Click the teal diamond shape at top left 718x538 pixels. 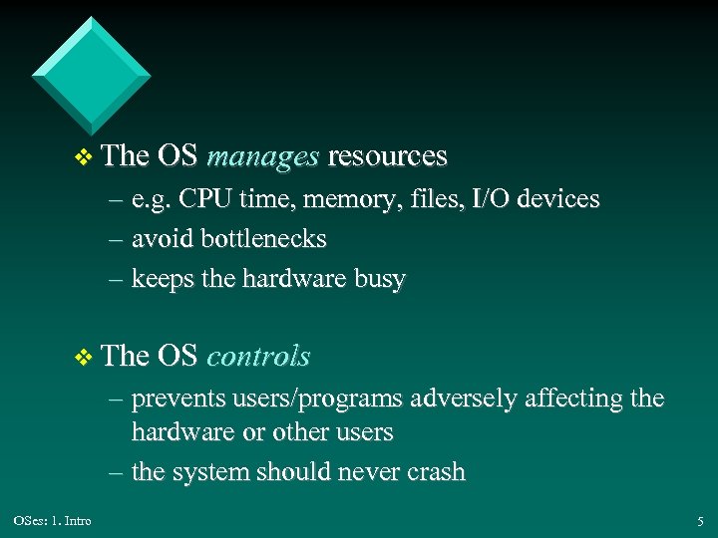pyautogui.click(x=91, y=76)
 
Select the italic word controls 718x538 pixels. pyautogui.click(x=258, y=356)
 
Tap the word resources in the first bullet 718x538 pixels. pyautogui.click(x=387, y=156)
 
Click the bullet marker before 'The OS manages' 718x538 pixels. pyautogui.click(x=84, y=157)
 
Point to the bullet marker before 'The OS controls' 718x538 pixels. pyautogui.click(x=84, y=357)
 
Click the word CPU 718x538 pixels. pyautogui.click(x=207, y=199)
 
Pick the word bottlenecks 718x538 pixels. pyautogui.click(x=263, y=239)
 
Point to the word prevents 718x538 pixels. pyautogui.click(x=178, y=399)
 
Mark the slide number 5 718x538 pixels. pyautogui.click(x=699, y=520)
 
